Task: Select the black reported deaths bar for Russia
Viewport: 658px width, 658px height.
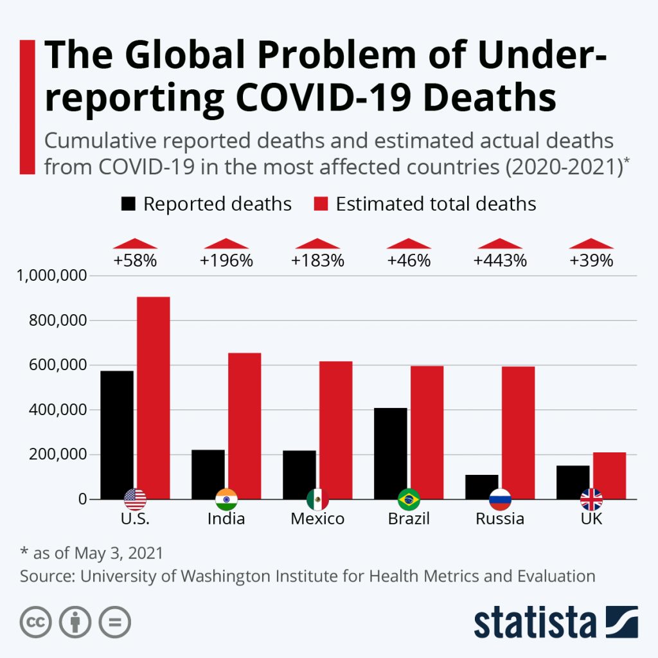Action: pyautogui.click(x=482, y=486)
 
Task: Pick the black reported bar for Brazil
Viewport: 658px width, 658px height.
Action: pyautogui.click(x=391, y=453)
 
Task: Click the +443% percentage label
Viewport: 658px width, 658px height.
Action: pyautogui.click(x=500, y=261)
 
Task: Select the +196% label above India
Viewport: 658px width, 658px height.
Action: pyautogui.click(x=226, y=261)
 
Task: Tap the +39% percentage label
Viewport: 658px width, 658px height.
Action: pyautogui.click(x=591, y=261)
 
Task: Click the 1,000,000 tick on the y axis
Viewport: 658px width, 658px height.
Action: pyautogui.click(x=51, y=276)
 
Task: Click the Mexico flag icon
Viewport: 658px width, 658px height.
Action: pyautogui.click(x=317, y=499)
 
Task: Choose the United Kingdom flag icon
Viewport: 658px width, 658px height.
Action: pyautogui.click(x=591, y=499)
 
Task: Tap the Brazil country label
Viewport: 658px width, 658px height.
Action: pyautogui.click(x=409, y=519)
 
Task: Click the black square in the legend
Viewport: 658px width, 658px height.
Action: pyautogui.click(x=129, y=204)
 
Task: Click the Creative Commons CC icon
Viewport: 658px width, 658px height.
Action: pyautogui.click(x=36, y=621)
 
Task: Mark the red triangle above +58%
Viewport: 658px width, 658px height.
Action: pyautogui.click(x=135, y=244)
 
